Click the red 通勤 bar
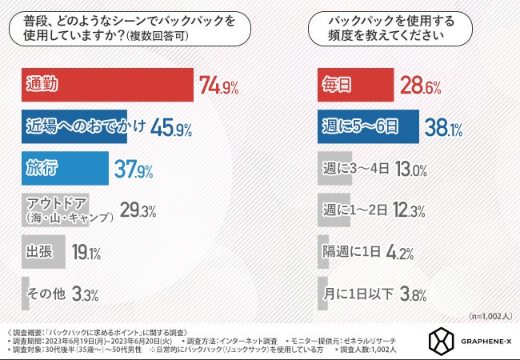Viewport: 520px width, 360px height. pos(103,86)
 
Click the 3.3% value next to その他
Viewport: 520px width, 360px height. pos(85,294)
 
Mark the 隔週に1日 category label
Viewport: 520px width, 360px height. pos(354,252)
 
